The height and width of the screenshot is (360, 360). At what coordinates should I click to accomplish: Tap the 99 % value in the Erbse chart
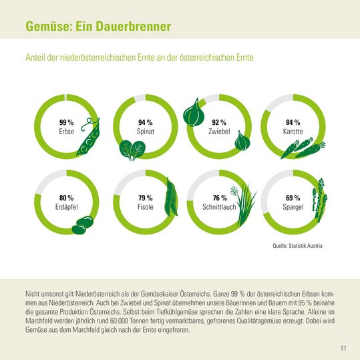pyautogui.click(x=66, y=123)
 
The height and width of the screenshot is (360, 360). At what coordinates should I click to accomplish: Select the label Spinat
pyautogui.click(x=146, y=132)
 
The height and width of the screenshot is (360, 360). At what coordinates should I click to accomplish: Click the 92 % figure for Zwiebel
pyautogui.click(x=219, y=123)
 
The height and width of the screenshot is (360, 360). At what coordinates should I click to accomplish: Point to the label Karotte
pyautogui.click(x=293, y=132)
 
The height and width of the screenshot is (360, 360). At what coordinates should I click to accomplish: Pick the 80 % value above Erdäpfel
pyautogui.click(x=66, y=198)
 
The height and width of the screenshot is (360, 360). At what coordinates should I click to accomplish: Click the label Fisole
pyautogui.click(x=146, y=208)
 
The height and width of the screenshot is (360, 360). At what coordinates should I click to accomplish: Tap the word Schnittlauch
pyautogui.click(x=219, y=208)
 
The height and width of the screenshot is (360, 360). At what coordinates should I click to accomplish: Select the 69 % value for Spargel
pyautogui.click(x=293, y=198)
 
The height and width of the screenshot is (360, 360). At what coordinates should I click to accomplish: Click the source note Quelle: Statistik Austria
pyautogui.click(x=298, y=246)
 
